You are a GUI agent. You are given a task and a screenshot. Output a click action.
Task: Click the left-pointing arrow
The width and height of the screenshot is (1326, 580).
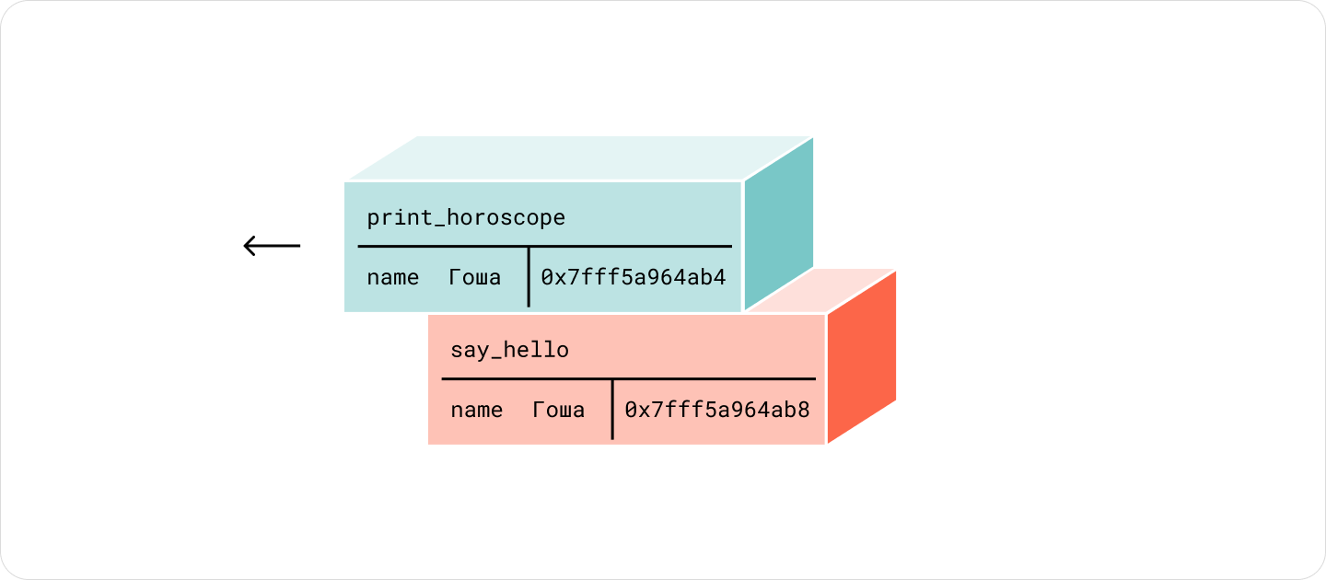(x=272, y=246)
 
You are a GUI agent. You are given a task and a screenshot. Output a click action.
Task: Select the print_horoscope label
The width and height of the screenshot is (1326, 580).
(x=466, y=218)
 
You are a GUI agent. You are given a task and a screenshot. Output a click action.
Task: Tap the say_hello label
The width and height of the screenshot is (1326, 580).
(x=509, y=350)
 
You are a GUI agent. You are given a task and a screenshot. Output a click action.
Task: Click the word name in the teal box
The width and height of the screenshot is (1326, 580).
(x=392, y=277)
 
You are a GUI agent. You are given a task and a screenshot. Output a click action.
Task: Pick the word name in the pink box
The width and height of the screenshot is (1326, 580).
(x=477, y=410)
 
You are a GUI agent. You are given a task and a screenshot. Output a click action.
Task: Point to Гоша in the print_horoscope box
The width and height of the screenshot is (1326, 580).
(x=474, y=277)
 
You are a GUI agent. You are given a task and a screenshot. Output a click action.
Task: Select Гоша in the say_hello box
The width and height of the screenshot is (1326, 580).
(x=558, y=410)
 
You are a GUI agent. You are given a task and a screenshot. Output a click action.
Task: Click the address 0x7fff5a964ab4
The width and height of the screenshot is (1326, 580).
(x=634, y=277)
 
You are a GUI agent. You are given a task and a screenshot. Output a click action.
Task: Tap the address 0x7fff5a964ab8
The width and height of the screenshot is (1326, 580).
(x=717, y=410)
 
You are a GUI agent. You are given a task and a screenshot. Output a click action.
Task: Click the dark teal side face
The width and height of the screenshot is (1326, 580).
(x=778, y=223)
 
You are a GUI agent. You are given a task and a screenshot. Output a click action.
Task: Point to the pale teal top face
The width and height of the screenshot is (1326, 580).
(x=581, y=158)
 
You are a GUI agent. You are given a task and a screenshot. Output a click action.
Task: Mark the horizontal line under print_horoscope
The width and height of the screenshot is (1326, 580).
(x=544, y=246)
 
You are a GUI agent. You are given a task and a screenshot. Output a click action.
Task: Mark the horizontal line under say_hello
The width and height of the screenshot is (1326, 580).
(x=629, y=378)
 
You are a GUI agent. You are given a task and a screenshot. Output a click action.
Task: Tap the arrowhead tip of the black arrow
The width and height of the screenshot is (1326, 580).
(x=244, y=246)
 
